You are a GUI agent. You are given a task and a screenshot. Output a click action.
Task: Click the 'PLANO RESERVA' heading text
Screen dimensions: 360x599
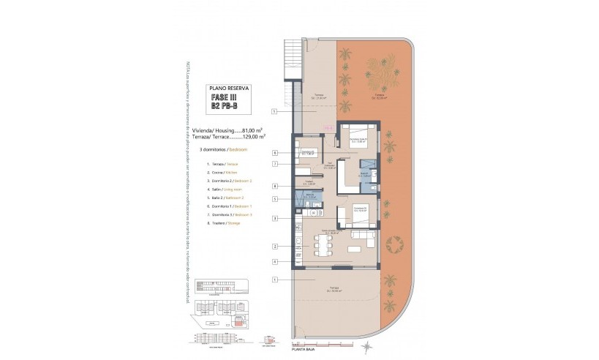[x=229, y=87]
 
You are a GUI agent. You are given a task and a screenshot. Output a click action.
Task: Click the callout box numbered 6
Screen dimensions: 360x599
[x=274, y=153]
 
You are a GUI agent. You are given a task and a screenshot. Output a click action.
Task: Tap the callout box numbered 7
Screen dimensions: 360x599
[x=274, y=164]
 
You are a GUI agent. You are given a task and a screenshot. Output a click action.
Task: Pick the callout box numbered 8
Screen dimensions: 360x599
[x=274, y=187]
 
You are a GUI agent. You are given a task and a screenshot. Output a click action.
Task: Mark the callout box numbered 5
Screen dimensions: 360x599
[x=274, y=198]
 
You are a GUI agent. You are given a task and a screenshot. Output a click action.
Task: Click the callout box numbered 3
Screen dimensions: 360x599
[x=274, y=218]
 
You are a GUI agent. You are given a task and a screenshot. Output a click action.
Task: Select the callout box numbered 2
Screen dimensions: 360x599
[x=274, y=247]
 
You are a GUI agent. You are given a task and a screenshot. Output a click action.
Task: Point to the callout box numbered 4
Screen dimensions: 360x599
[x=274, y=261]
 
